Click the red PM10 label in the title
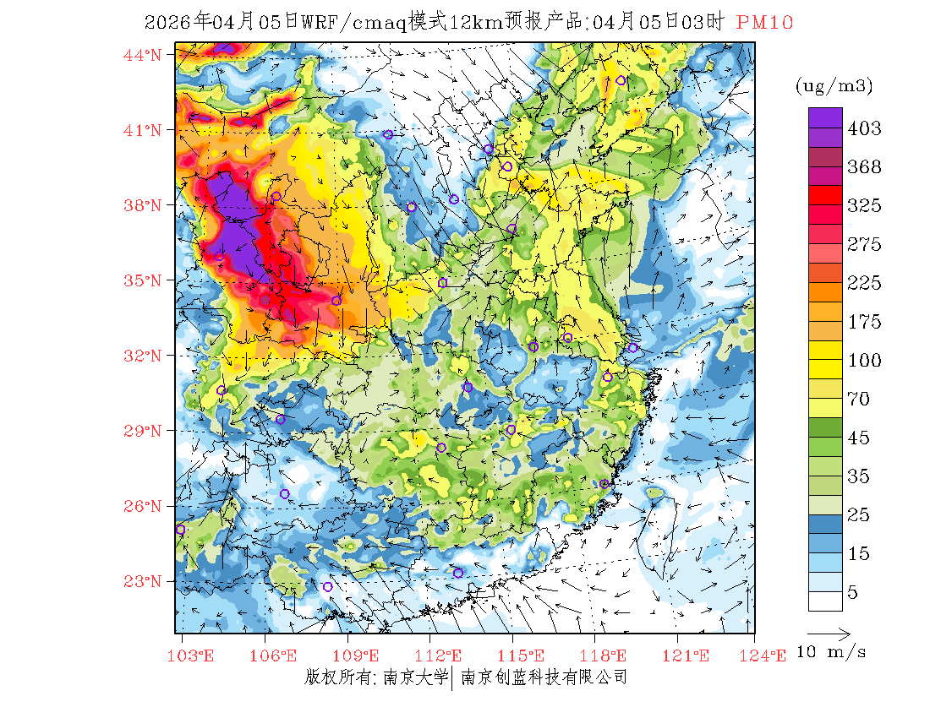pyautogui.click(x=764, y=23)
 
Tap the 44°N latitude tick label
pyautogui.click(x=143, y=55)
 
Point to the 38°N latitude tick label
pyautogui.click(x=143, y=205)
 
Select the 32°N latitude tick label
pyautogui.click(x=143, y=356)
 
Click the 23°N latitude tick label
pyautogui.click(x=143, y=581)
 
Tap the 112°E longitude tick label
pyautogui.click(x=445, y=655)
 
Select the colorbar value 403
pyautogui.click(x=864, y=128)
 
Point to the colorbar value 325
pyautogui.click(x=864, y=205)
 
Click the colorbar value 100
pyautogui.click(x=864, y=361)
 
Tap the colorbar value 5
pyautogui.click(x=853, y=593)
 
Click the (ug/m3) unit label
pyautogui.click(x=834, y=85)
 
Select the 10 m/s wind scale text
pyautogui.click(x=832, y=652)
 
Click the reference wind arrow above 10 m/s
pyautogui.click(x=829, y=632)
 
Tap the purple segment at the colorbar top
pyautogui.click(x=824, y=117)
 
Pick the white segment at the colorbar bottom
pyautogui.click(x=824, y=601)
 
